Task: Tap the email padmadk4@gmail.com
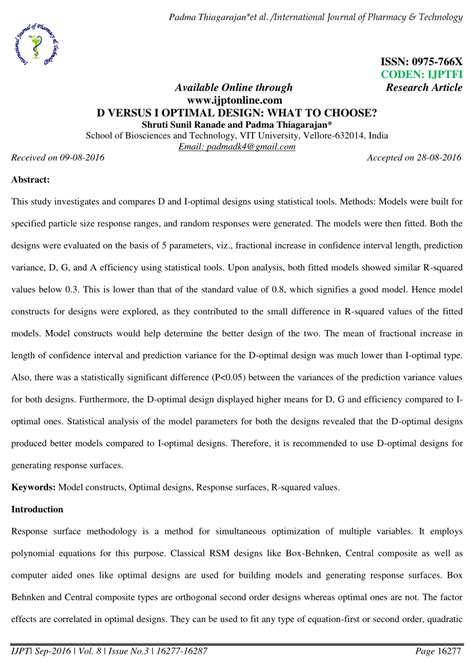237,147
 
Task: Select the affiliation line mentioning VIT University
237,135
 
